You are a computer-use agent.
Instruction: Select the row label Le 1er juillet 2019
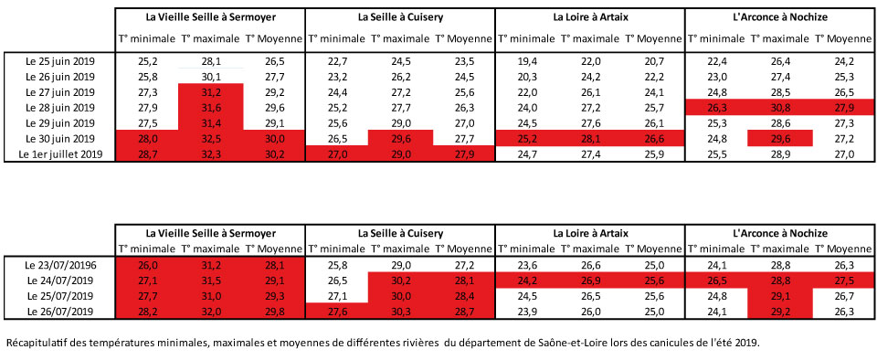pyautogui.click(x=61, y=155)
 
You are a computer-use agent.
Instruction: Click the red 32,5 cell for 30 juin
pyautogui.click(x=211, y=139)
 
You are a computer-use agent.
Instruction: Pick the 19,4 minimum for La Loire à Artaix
pyautogui.click(x=526, y=59)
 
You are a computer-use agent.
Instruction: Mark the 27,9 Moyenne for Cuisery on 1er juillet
pyautogui.click(x=463, y=155)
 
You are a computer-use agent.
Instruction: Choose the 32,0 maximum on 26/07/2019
pyautogui.click(x=211, y=312)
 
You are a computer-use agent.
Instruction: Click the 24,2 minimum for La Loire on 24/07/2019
pyautogui.click(x=526, y=281)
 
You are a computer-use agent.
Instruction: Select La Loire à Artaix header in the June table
pyautogui.click(x=590, y=17)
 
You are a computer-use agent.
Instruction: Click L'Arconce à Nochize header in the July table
pyautogui.click(x=779, y=232)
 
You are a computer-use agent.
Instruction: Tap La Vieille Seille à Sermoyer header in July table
pyautogui.click(x=211, y=232)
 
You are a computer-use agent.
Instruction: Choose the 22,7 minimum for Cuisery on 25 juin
pyautogui.click(x=337, y=59)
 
